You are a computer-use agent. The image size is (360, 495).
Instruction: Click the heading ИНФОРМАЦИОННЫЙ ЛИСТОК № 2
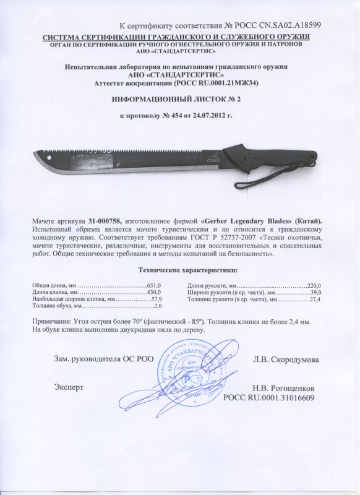[180, 99]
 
